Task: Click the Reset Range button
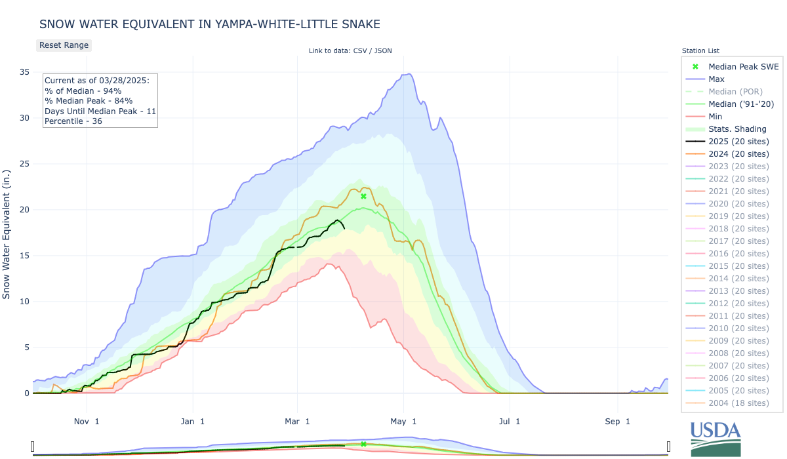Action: click(63, 45)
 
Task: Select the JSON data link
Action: click(382, 50)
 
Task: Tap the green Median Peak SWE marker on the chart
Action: click(363, 196)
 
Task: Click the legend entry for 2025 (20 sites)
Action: click(738, 141)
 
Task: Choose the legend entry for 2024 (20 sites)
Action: click(738, 153)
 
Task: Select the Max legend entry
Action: click(717, 79)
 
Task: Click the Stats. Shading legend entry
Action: click(737, 129)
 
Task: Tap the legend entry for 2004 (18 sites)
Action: click(738, 403)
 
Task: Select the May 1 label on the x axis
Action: click(404, 421)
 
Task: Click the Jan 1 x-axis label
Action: click(193, 421)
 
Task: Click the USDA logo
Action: click(715, 438)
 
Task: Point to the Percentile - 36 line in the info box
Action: click(73, 121)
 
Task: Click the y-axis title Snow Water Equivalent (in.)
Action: click(7, 233)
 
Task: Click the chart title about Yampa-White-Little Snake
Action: click(210, 24)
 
